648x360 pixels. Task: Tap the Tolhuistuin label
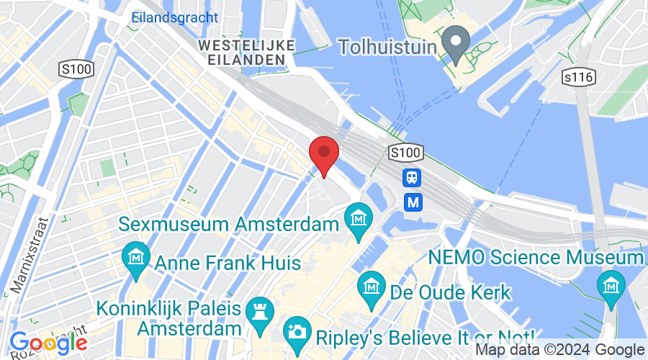click(x=388, y=46)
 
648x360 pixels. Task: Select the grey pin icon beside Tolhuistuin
click(x=455, y=42)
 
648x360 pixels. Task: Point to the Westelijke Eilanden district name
click(x=246, y=52)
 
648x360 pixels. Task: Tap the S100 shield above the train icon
click(x=405, y=153)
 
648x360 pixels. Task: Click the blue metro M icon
click(x=413, y=202)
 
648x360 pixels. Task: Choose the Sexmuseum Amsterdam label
click(x=228, y=224)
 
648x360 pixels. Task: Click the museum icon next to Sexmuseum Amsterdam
click(x=357, y=216)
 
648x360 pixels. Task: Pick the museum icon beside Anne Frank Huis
click(x=134, y=256)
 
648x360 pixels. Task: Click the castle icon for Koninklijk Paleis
click(x=256, y=310)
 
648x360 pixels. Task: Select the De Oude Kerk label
click(x=450, y=292)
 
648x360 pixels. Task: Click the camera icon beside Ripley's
click(x=295, y=330)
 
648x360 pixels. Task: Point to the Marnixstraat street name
click(x=26, y=254)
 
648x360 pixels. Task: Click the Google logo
click(x=48, y=342)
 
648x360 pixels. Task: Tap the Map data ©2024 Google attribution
click(x=560, y=350)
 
